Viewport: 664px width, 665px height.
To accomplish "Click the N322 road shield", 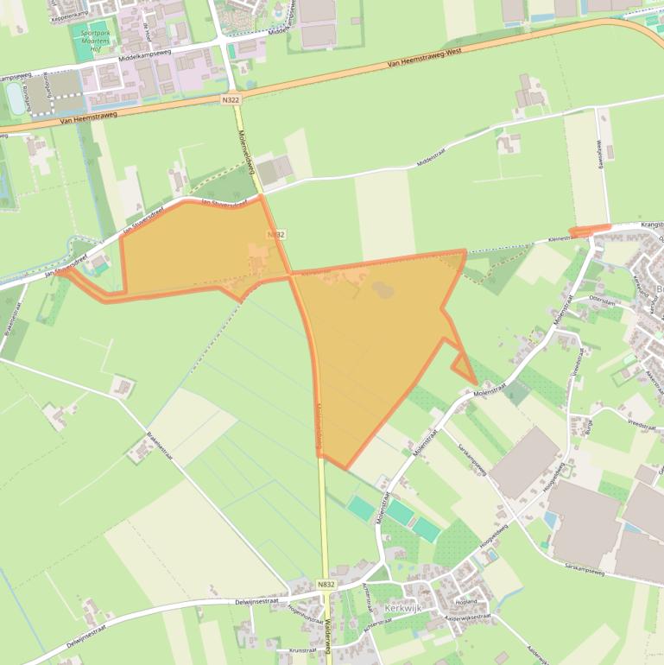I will [231, 100].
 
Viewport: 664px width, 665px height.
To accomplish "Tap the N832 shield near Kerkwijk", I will [326, 585].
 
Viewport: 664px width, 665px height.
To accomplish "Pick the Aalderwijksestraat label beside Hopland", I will [467, 617].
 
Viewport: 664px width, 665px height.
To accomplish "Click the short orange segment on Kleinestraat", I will [591, 230].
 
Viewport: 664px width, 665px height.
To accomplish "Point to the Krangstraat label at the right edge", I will [652, 224].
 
